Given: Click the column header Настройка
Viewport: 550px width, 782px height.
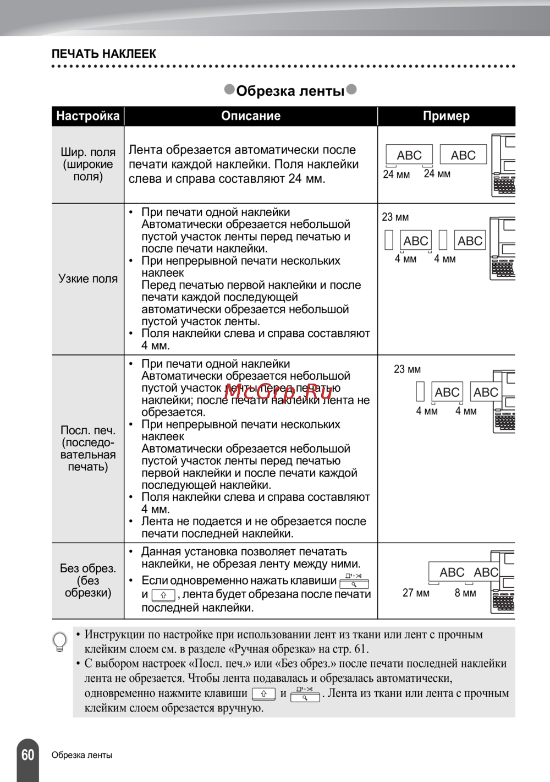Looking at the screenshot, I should pyautogui.click(x=88, y=116).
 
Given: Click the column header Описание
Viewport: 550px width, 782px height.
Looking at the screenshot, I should pyautogui.click(x=251, y=116).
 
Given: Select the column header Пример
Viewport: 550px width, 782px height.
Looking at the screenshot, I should pyautogui.click(x=446, y=116).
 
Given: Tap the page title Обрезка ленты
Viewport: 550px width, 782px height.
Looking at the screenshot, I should pyautogui.click(x=290, y=91).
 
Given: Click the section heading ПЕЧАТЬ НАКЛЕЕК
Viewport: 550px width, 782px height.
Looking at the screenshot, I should pyautogui.click(x=104, y=54).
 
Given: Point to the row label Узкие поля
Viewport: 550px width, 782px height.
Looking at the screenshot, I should pyautogui.click(x=88, y=279).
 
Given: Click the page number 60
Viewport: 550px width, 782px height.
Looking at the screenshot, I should pyautogui.click(x=28, y=754).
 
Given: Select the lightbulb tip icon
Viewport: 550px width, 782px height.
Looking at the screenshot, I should pyautogui.click(x=59, y=642).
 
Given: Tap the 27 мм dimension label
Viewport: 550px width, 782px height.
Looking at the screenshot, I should pyautogui.click(x=416, y=593).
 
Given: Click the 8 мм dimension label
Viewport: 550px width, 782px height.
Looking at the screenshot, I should pyautogui.click(x=465, y=593).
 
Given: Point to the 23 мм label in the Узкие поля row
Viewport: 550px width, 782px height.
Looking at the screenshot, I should pyautogui.click(x=395, y=217).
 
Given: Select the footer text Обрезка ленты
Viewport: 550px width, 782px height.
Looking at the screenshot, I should pyautogui.click(x=82, y=755).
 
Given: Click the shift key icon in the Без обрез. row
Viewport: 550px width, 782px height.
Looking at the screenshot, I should pyautogui.click(x=163, y=595).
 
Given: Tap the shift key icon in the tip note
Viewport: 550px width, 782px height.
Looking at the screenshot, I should pyautogui.click(x=263, y=694).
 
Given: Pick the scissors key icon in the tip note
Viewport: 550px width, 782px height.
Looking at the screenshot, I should pyautogui.click(x=305, y=694).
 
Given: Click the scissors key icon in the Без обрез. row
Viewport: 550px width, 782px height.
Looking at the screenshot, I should pyautogui.click(x=354, y=581).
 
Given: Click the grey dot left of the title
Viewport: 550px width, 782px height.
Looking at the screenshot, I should pyautogui.click(x=229, y=89).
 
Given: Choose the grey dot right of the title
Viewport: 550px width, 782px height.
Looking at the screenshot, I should pyautogui.click(x=351, y=89).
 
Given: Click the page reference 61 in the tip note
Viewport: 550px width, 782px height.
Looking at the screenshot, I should pyautogui.click(x=361, y=649).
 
